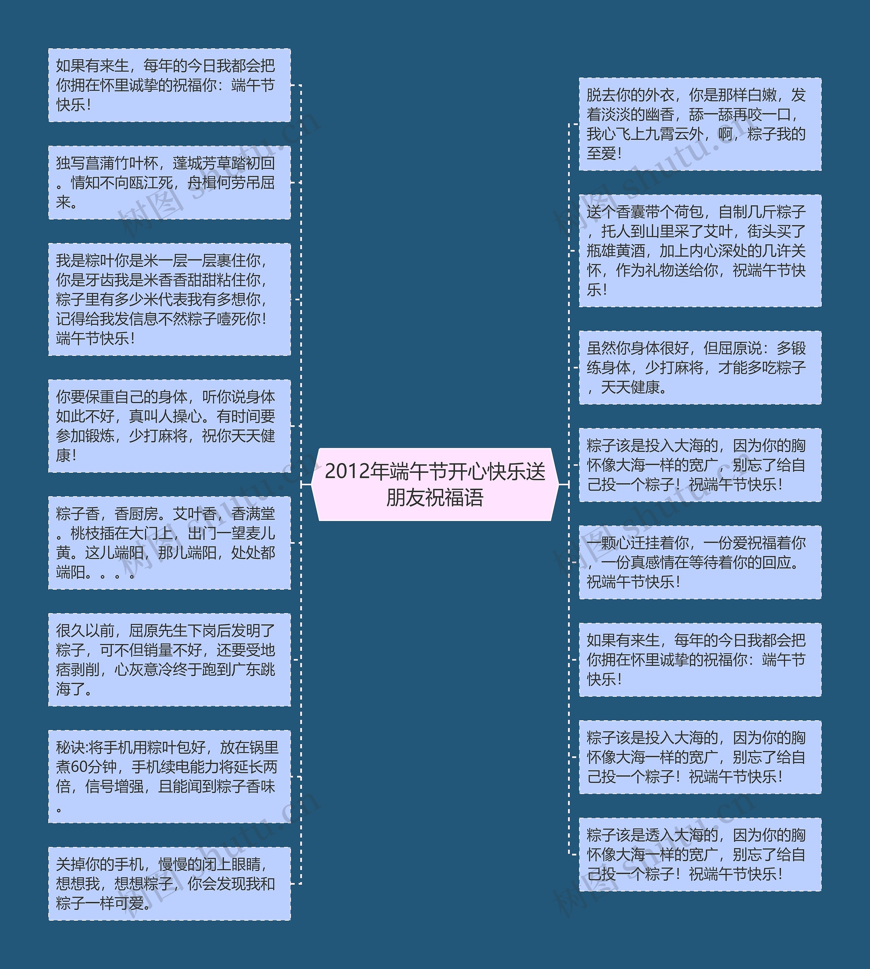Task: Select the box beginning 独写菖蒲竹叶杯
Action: pos(169,183)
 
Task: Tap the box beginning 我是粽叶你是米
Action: pos(169,299)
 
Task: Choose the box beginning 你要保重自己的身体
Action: pos(169,426)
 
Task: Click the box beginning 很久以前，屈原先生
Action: pos(169,659)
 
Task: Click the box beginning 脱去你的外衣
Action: pos(700,124)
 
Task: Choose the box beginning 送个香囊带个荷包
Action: pos(700,250)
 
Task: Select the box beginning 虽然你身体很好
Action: pos(700,368)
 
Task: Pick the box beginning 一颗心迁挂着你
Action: pos(700,562)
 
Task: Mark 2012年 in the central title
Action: pos(356,471)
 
